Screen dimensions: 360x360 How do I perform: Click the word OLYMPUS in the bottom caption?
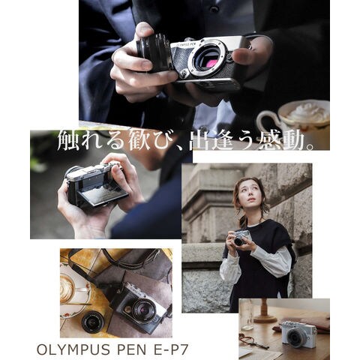(x=73, y=349)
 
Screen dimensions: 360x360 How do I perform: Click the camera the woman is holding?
(x=241, y=238)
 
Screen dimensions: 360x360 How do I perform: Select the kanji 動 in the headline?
(x=296, y=141)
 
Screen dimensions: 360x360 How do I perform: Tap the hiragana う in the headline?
(x=245, y=141)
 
